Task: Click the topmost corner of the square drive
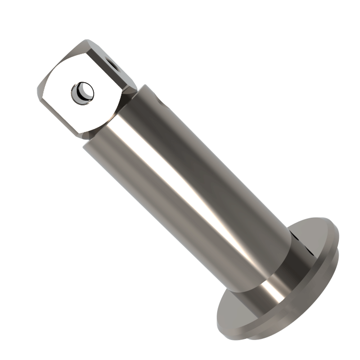point(87,40)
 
